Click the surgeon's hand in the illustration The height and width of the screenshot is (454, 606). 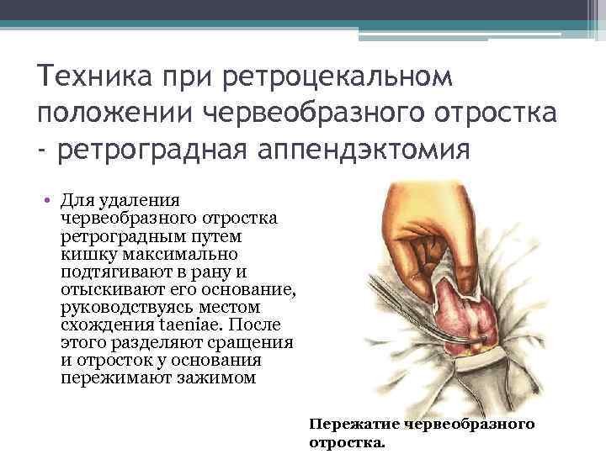point(412,227)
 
